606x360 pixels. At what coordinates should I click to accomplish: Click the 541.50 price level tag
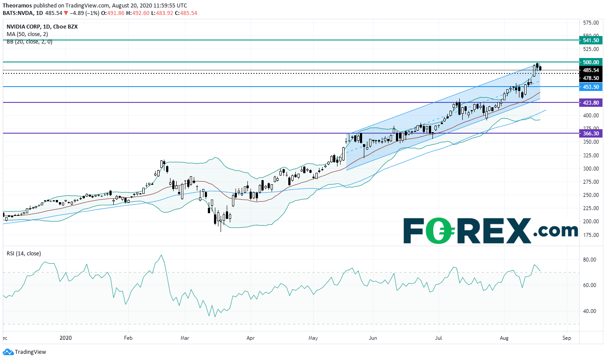coord(591,40)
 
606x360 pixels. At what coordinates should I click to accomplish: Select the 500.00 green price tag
coord(591,62)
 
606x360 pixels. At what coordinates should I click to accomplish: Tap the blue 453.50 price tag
coord(591,87)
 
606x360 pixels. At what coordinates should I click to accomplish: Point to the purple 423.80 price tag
coord(591,102)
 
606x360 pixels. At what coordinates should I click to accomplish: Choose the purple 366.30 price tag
coord(591,133)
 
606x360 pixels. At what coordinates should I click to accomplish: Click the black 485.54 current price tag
coord(591,70)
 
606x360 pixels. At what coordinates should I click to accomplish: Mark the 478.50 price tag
coord(591,78)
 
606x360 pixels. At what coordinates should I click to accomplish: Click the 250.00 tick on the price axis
coord(591,195)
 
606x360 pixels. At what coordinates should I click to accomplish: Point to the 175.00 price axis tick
coord(591,235)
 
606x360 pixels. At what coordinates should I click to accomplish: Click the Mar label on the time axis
coord(185,338)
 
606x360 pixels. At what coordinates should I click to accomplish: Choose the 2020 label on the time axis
coord(66,338)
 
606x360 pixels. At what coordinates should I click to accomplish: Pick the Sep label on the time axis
coord(566,338)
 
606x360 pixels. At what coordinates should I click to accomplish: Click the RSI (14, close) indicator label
coord(24,254)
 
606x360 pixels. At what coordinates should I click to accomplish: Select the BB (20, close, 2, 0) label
coord(29,42)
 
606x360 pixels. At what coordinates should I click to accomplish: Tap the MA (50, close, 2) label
coord(27,34)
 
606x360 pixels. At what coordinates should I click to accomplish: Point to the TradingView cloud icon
coord(8,352)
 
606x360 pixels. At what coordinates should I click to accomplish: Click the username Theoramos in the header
coord(17,5)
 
